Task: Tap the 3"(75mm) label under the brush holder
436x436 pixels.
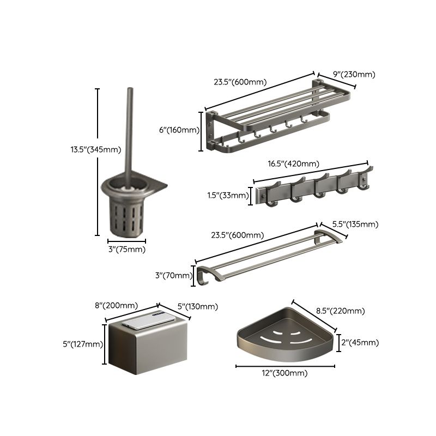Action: [127, 249]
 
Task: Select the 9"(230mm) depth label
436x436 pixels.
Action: [354, 75]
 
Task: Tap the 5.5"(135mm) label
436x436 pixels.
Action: [356, 224]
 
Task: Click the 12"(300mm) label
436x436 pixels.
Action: [285, 373]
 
